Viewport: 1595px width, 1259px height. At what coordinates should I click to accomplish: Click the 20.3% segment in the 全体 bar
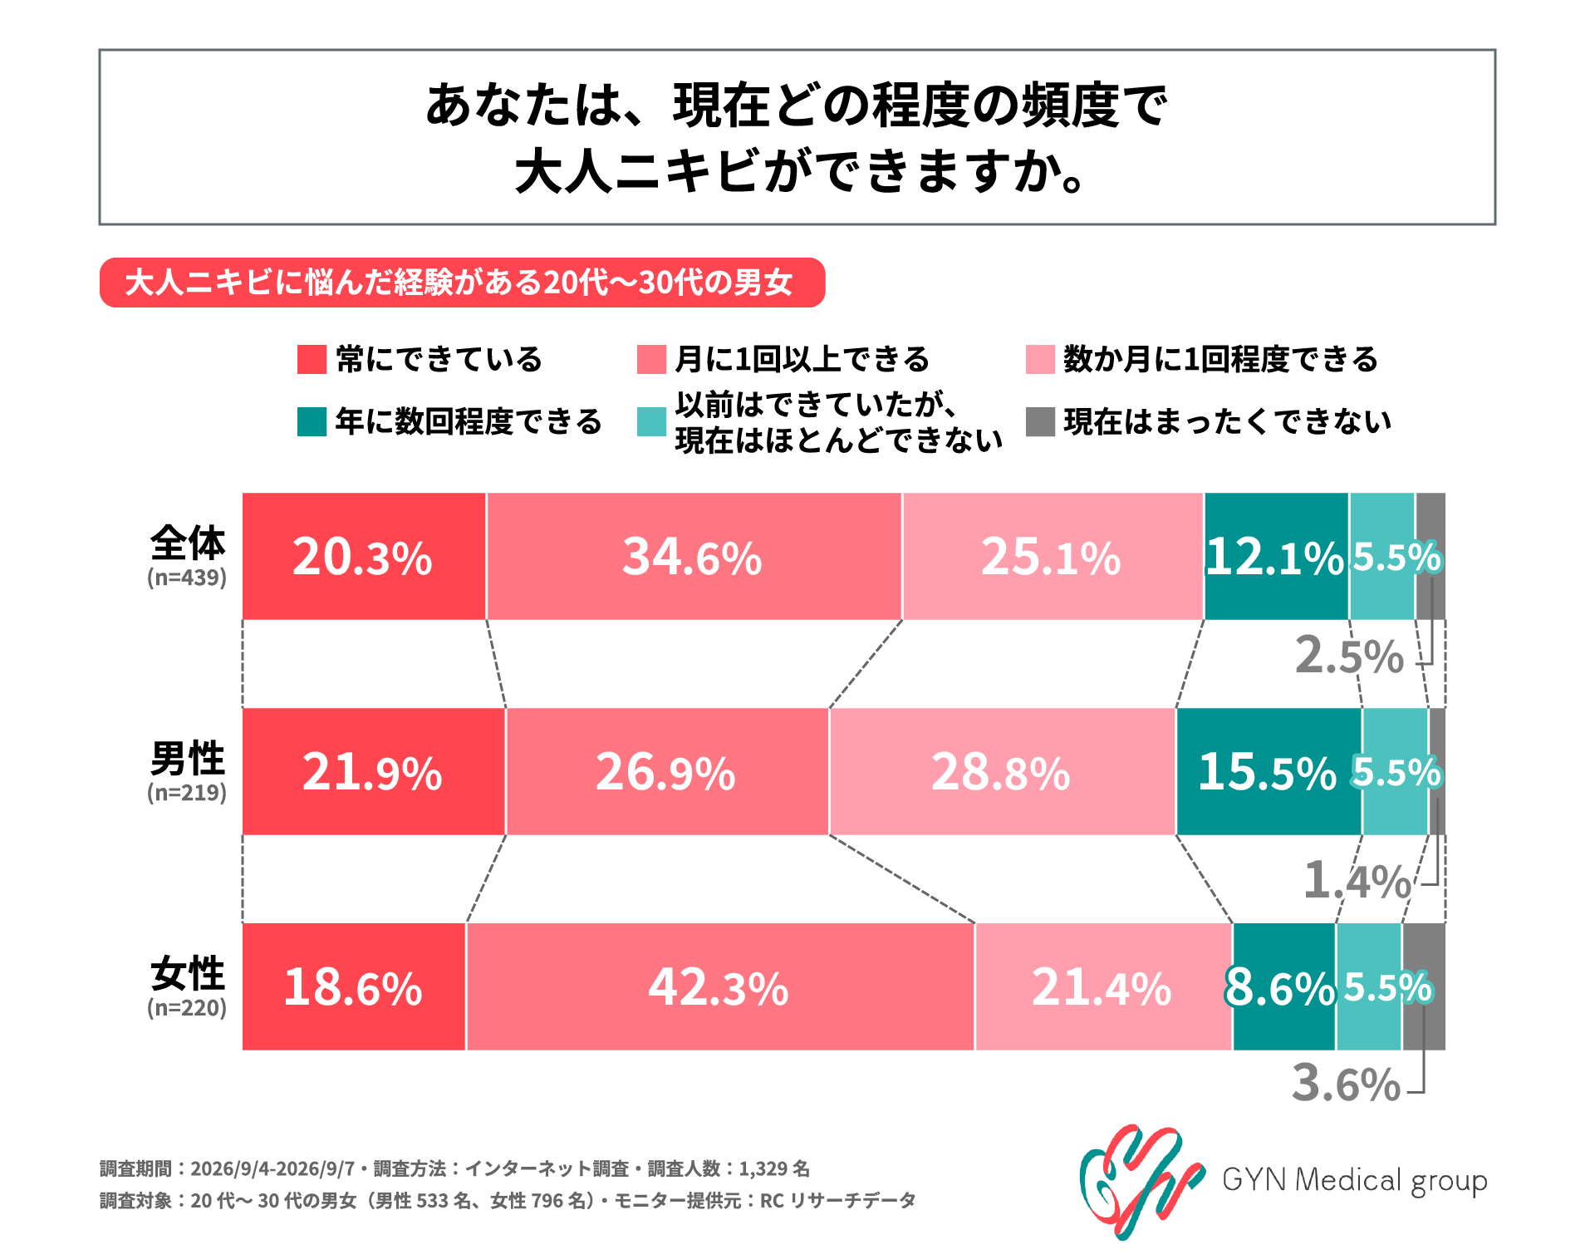364,556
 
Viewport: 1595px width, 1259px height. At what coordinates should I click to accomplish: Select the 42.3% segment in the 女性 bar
720,986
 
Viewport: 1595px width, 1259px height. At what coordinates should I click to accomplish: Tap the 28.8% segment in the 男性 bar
1002,771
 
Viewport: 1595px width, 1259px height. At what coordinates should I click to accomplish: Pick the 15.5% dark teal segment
1269,771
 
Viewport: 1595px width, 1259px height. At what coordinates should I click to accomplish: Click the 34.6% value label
692,557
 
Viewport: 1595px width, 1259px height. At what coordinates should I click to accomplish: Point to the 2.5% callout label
1349,656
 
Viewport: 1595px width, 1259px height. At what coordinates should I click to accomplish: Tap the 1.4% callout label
1357,880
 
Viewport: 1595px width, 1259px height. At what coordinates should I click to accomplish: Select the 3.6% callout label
1347,1084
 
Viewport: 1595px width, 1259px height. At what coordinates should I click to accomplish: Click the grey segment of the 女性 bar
1424,986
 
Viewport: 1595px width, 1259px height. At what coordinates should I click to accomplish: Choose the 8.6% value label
1279,988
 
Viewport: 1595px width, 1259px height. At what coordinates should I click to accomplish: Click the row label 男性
188,758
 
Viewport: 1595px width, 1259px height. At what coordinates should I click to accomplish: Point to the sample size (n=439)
187,578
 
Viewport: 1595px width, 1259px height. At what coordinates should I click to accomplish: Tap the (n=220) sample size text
187,1008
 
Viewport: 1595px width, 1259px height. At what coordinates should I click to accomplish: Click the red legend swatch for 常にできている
312,359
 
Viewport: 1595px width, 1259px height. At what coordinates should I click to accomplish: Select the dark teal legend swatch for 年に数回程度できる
312,421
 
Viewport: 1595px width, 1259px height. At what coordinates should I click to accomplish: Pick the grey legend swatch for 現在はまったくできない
1040,421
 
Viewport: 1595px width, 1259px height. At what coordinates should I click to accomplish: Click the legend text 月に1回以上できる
802,359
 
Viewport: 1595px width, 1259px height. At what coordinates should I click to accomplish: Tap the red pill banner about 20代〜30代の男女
462,283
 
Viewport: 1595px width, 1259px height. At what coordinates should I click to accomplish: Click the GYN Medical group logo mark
1142,1181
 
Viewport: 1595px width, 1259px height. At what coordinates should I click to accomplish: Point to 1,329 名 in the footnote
774,1168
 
